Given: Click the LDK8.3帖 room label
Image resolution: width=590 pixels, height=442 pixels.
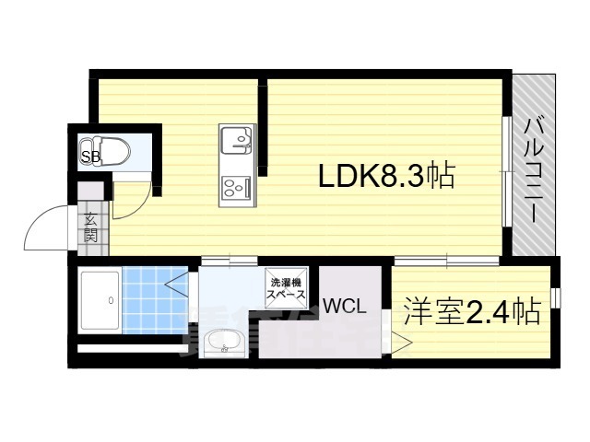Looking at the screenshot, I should pyautogui.click(x=386, y=175).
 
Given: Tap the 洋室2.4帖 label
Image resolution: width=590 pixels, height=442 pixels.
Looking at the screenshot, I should pyautogui.click(x=471, y=313).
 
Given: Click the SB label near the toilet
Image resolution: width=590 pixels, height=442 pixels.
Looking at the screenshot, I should pyautogui.click(x=90, y=157).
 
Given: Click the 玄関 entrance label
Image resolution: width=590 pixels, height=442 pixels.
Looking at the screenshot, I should pyautogui.click(x=92, y=227).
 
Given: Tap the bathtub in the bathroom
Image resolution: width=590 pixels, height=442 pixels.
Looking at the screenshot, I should pyautogui.click(x=100, y=301).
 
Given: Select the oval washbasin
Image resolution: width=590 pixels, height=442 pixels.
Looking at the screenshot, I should pyautogui.click(x=222, y=344).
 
